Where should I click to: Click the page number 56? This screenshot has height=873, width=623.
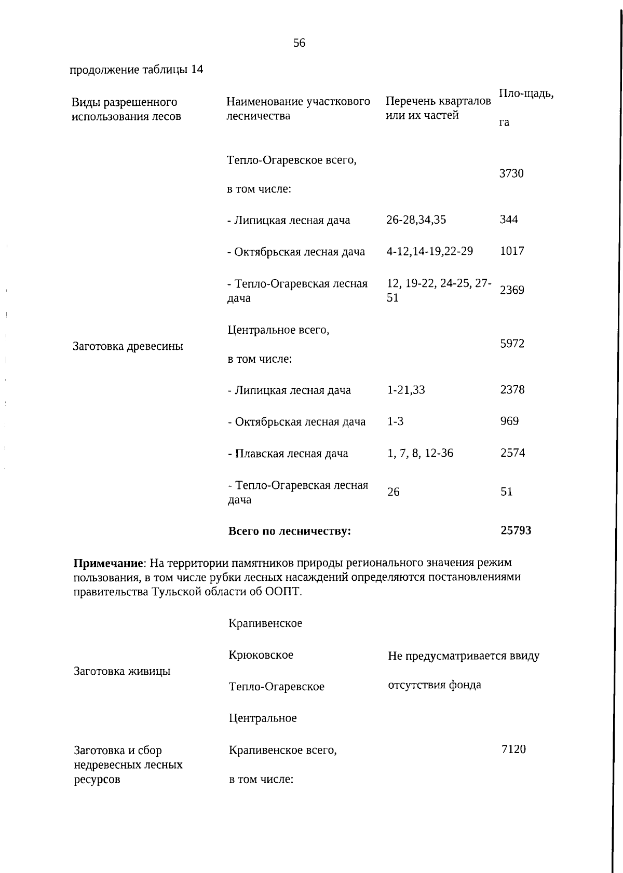pyautogui.click(x=299, y=43)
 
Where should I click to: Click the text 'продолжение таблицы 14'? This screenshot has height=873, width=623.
pyautogui.click(x=137, y=70)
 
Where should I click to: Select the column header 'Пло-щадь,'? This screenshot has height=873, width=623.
pyautogui.click(x=526, y=93)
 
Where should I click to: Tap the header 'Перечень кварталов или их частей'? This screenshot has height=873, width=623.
pyautogui.click(x=438, y=108)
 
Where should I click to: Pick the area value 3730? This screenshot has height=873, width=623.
pyautogui.click(x=511, y=173)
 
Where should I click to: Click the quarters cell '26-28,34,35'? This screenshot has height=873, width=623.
pyautogui.click(x=416, y=220)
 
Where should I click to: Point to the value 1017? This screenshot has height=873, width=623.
pyautogui.click(x=512, y=251)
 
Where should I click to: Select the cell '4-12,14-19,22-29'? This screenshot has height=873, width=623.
pyautogui.click(x=429, y=251)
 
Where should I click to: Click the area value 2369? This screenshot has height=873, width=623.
pyautogui.click(x=512, y=290)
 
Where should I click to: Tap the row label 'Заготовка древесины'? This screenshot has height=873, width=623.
pyautogui.click(x=128, y=346)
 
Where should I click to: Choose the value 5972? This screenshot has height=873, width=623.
pyautogui.click(x=512, y=344)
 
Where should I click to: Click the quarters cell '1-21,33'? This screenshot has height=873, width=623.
pyautogui.click(x=406, y=390)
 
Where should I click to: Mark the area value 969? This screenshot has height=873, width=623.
pyautogui.click(x=509, y=421)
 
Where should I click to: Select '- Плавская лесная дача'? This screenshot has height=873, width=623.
pyautogui.click(x=288, y=454)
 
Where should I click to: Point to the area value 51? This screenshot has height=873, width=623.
pyautogui.click(x=507, y=492)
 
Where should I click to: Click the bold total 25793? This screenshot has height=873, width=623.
pyautogui.click(x=516, y=530)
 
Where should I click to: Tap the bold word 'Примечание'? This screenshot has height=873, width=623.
pyautogui.click(x=108, y=563)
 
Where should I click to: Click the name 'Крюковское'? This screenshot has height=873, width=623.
pyautogui.click(x=261, y=655)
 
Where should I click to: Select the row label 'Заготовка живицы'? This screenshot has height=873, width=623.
pyautogui.click(x=123, y=671)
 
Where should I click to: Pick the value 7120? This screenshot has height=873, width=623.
pyautogui.click(x=513, y=749)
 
